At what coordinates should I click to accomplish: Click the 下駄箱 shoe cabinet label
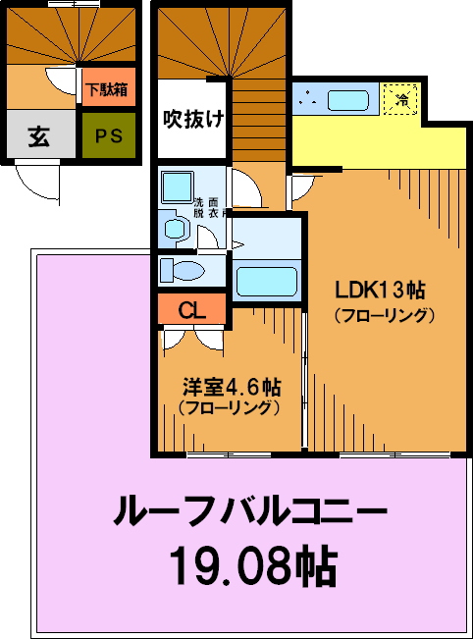[108, 89]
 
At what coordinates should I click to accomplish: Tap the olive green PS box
[109, 134]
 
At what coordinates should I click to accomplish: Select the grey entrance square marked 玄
[41, 134]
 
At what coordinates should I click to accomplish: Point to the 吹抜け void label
[194, 119]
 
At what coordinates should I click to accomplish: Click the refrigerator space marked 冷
[401, 99]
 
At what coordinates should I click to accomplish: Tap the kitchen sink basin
[348, 100]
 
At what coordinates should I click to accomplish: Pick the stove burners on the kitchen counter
[308, 99]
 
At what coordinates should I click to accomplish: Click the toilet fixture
[182, 270]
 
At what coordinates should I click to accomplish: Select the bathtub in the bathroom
[267, 281]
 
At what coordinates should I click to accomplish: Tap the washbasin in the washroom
[176, 229]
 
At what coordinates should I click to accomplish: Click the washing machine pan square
[178, 187]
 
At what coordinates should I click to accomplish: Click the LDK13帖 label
[380, 291]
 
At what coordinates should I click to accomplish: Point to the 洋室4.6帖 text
[232, 387]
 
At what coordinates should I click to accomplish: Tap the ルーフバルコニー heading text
[249, 509]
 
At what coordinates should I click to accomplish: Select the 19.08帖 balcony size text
[252, 567]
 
